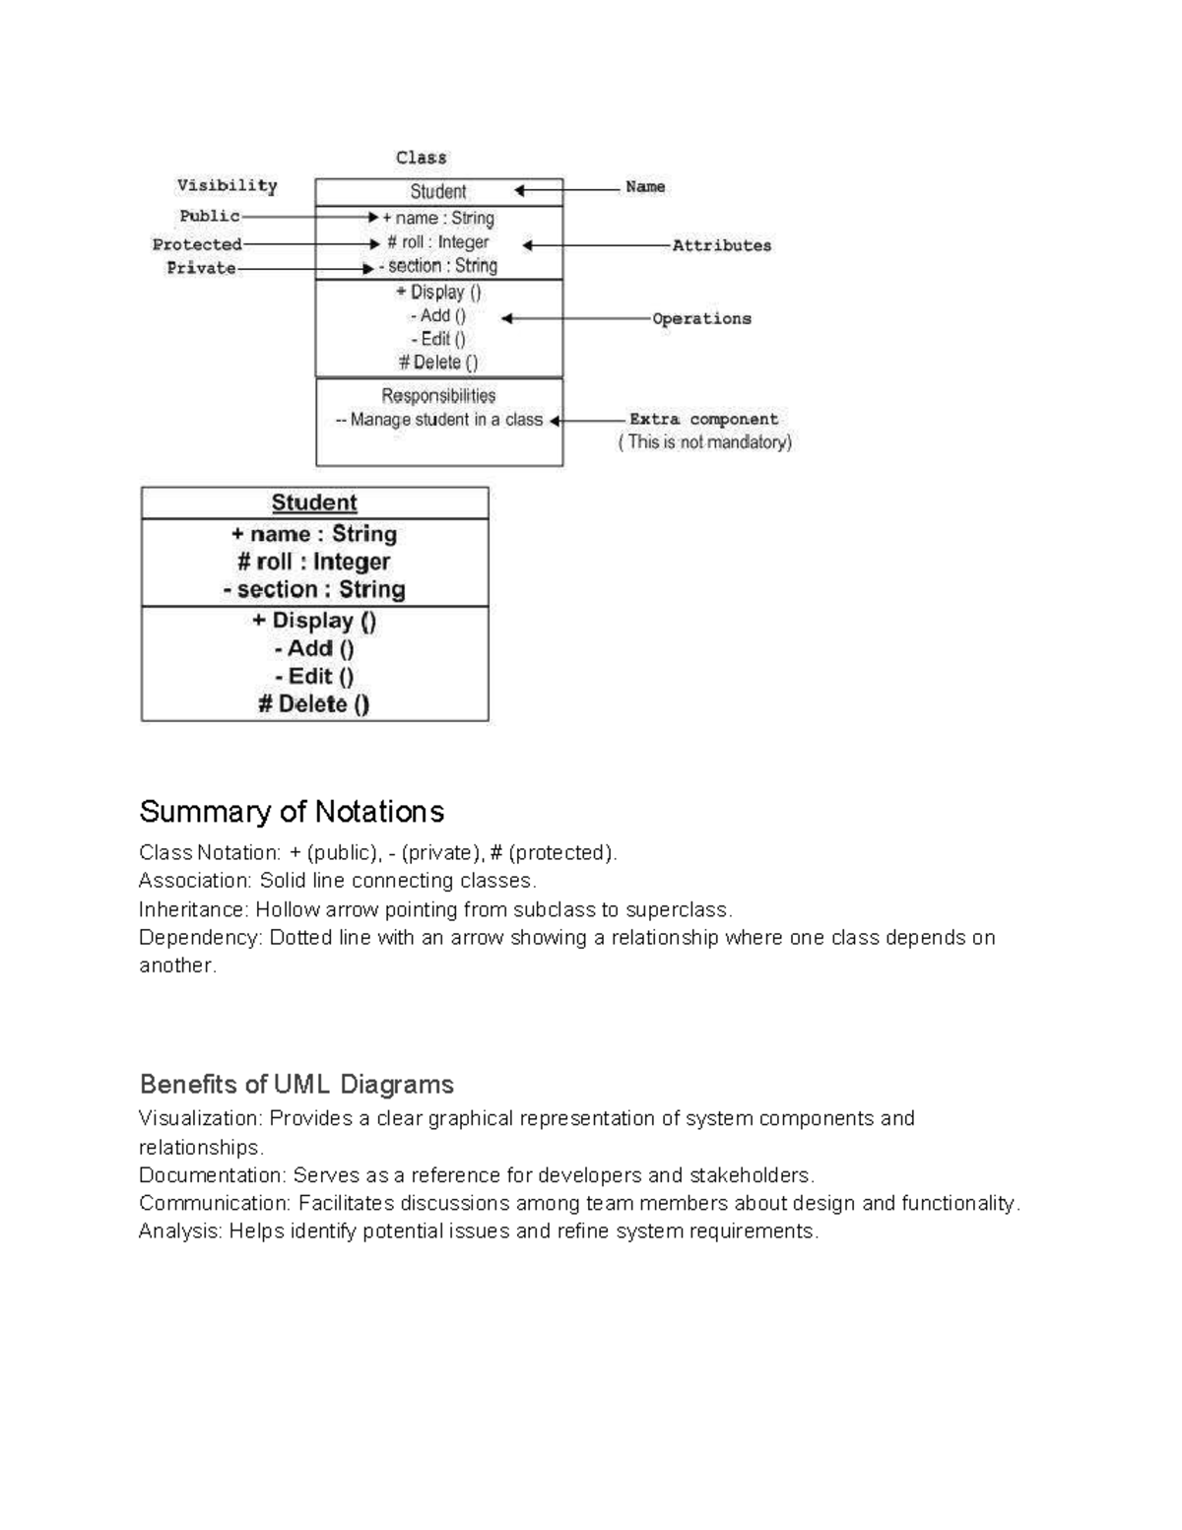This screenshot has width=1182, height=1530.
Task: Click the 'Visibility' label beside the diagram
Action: pyautogui.click(x=227, y=185)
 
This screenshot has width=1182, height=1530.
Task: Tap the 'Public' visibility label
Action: pyautogui.click(x=209, y=216)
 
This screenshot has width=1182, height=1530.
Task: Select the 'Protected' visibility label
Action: pyautogui.click(x=197, y=244)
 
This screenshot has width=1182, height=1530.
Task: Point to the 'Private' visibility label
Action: pyautogui.click(x=201, y=268)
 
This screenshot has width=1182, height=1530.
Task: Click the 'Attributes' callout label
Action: pyautogui.click(x=721, y=245)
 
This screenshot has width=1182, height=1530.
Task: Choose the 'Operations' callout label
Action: pyautogui.click(x=701, y=318)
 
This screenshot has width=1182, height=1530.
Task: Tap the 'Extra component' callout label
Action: pyautogui.click(x=703, y=419)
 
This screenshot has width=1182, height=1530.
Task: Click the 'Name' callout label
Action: pyautogui.click(x=645, y=186)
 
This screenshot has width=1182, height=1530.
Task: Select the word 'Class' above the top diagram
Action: pyautogui.click(x=421, y=158)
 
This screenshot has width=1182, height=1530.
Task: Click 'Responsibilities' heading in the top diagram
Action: pyautogui.click(x=438, y=396)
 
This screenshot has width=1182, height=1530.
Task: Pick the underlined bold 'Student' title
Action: pyautogui.click(x=314, y=502)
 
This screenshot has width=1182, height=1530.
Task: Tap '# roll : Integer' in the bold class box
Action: pyautogui.click(x=313, y=562)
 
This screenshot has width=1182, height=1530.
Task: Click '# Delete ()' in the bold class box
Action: pyautogui.click(x=313, y=703)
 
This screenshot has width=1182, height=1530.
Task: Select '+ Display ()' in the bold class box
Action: pyautogui.click(x=313, y=621)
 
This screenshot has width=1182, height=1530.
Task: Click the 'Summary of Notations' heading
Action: pyautogui.click(x=292, y=812)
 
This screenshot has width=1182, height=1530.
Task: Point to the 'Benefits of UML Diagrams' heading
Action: pyautogui.click(x=296, y=1085)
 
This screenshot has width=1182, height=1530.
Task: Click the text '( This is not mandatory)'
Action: pyautogui.click(x=704, y=442)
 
